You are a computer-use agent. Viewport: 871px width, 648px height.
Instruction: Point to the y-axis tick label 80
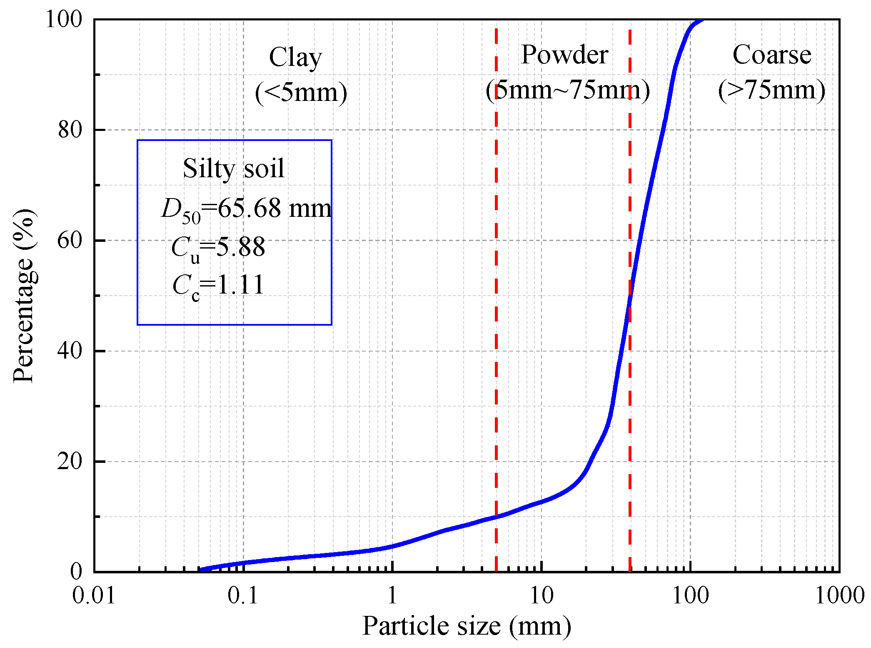pos(70,130)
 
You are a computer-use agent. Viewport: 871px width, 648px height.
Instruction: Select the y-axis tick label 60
pos(70,240)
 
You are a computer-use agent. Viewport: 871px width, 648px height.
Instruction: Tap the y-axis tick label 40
pos(70,351)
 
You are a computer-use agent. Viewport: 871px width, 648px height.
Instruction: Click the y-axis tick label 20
pos(70,461)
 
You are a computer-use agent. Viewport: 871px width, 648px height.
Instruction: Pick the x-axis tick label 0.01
pos(94,595)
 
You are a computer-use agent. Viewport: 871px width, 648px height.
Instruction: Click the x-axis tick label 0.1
pos(243,595)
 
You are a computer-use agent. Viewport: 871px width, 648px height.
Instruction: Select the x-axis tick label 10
pos(541,595)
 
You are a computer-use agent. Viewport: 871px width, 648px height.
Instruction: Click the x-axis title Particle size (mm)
pos(467,626)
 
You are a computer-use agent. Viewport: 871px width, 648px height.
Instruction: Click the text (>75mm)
pos(772,90)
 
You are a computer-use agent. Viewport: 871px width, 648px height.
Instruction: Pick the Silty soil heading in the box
pos(234,168)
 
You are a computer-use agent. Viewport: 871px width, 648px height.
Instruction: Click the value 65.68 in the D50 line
pos(249,208)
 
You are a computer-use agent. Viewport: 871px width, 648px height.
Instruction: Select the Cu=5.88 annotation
pos(218,248)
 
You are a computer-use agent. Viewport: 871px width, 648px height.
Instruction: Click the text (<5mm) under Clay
pos(301,92)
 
